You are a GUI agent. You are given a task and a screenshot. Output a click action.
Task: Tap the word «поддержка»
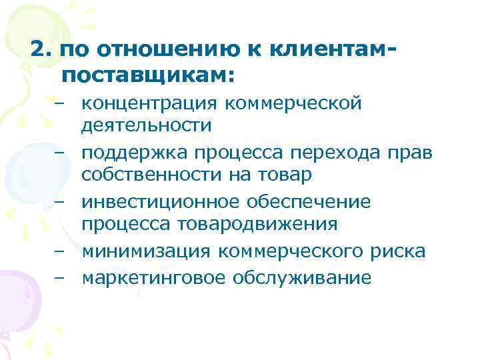click(x=135, y=153)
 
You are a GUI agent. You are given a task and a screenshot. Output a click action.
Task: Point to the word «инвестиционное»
click(x=159, y=202)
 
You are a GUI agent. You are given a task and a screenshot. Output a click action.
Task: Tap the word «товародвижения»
click(x=267, y=223)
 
